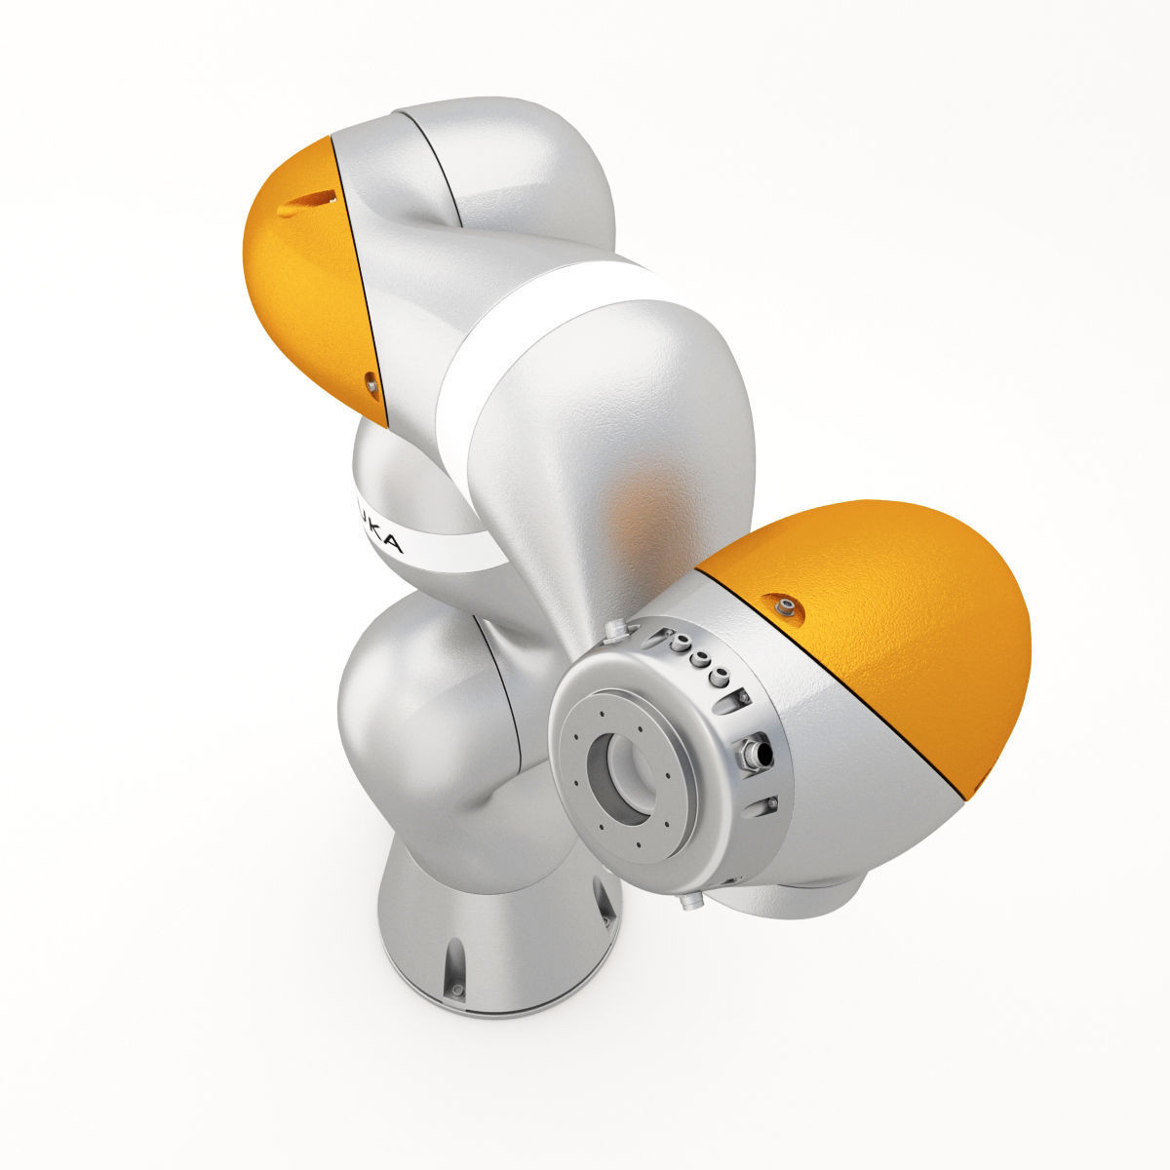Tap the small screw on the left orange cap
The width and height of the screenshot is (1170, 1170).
pos(370,384)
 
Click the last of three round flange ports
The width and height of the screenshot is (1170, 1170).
pos(719,675)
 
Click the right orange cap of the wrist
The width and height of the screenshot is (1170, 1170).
pos(877,624)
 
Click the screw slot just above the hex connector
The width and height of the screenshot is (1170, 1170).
pos(743,698)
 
